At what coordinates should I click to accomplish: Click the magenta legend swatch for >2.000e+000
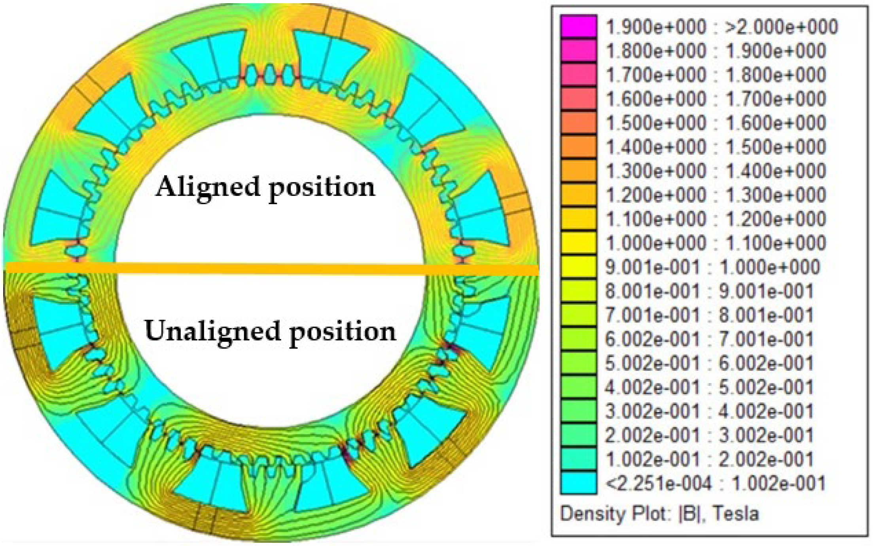point(578,27)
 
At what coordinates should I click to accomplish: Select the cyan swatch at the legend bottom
point(578,483)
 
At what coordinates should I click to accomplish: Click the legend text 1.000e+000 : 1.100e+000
point(716,243)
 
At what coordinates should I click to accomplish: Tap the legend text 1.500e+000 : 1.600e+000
point(716,123)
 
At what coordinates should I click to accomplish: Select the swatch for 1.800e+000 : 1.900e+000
point(578,51)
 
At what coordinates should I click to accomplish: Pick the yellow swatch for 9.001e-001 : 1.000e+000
point(578,267)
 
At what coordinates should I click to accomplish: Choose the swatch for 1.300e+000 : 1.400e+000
point(578,171)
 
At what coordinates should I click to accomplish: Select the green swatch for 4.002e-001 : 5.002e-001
point(578,387)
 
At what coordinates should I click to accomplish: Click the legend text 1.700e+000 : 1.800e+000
point(716,75)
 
